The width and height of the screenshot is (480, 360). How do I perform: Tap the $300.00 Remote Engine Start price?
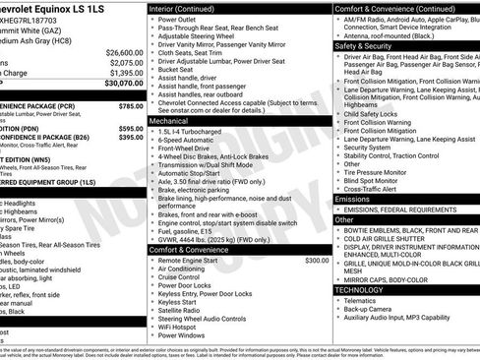(x=317, y=260)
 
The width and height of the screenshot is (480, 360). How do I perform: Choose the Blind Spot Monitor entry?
(x=375, y=179)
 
